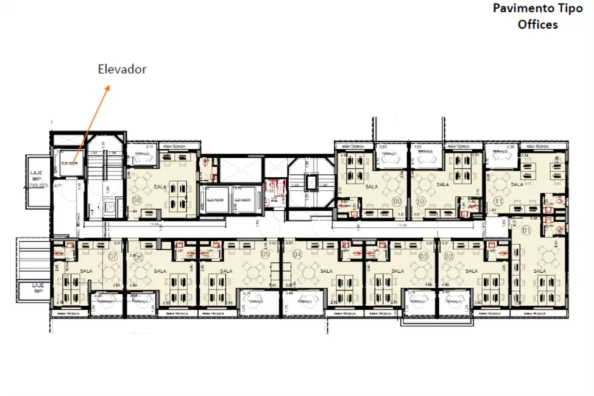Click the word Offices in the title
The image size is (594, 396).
click(537, 25)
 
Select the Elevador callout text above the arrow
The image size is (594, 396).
click(122, 69)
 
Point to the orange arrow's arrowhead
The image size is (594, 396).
click(108, 87)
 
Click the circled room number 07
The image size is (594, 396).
click(112, 256)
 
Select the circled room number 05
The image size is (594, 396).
click(264, 254)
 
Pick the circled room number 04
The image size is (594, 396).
click(297, 254)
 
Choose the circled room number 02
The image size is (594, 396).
click(449, 256)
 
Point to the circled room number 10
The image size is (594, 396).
click(420, 200)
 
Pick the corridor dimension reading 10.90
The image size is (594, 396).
click(402, 225)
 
